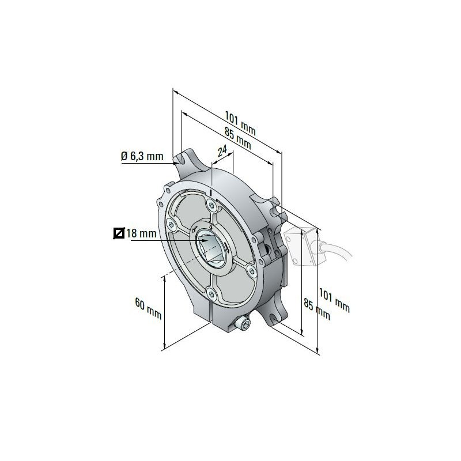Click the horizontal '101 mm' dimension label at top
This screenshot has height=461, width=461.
click(240, 122)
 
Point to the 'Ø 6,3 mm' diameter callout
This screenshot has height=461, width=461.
click(142, 156)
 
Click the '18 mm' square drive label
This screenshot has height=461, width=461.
click(141, 233)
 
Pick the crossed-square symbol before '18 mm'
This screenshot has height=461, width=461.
click(119, 233)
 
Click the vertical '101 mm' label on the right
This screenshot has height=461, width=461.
click(334, 301)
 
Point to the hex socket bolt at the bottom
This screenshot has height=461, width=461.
click(242, 326)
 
